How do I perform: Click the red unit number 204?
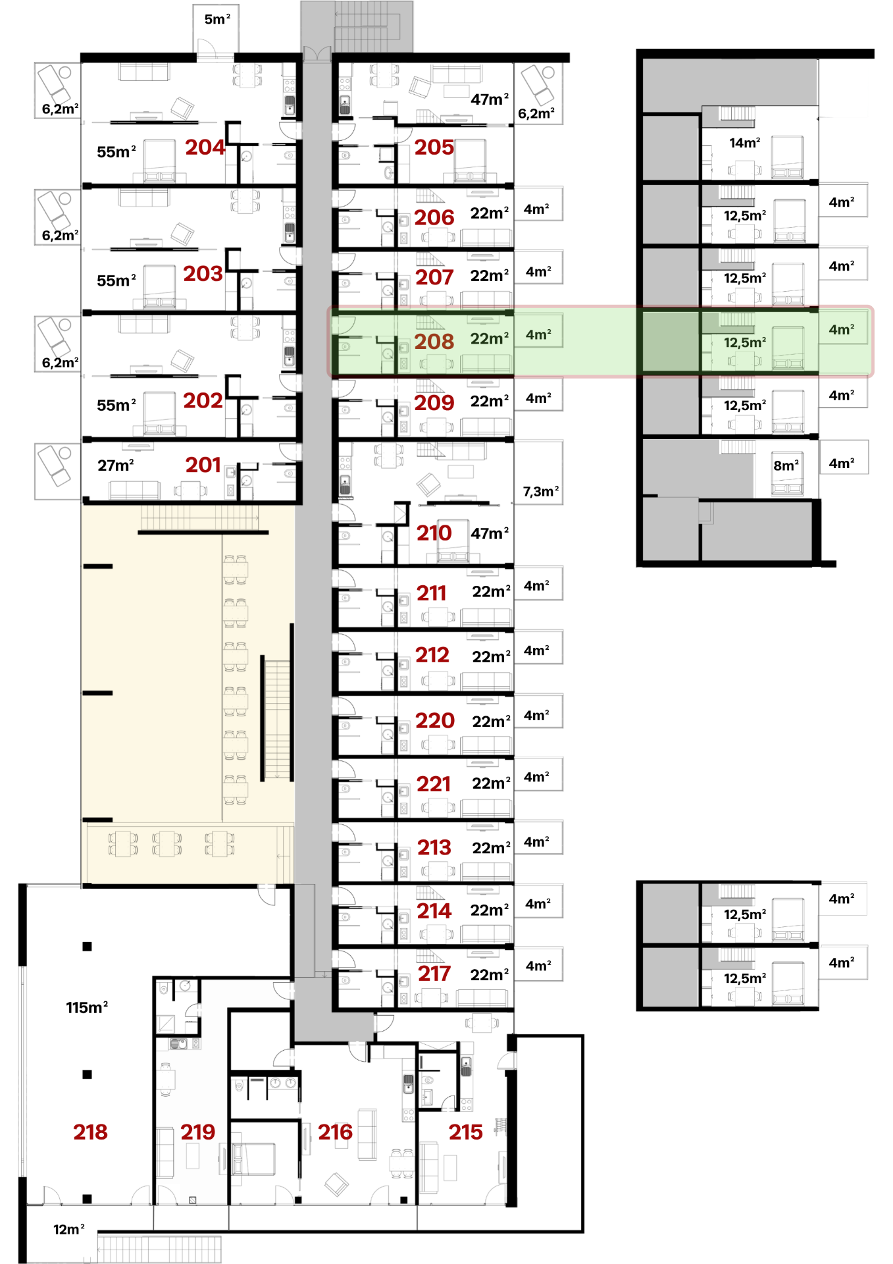[205, 147]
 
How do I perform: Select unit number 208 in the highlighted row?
[434, 342]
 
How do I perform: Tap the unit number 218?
[90, 1132]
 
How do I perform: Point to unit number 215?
[465, 1132]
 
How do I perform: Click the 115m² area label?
[87, 1007]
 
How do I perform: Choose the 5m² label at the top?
[217, 19]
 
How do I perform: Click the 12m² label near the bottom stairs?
[69, 1229]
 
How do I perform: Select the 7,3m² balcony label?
[541, 491]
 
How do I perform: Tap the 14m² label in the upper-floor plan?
[745, 142]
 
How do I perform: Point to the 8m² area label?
[786, 465]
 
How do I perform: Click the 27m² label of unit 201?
[116, 465]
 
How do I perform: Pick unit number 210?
[434, 533]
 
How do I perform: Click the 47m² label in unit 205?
[490, 99]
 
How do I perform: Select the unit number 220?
[435, 720]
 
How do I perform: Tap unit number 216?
[335, 1132]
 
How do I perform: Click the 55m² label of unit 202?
[116, 406]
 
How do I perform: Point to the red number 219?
[197, 1132]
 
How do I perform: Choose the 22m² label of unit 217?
[490, 975]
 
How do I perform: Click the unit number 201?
[203, 465]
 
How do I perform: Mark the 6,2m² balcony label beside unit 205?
[536, 113]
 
